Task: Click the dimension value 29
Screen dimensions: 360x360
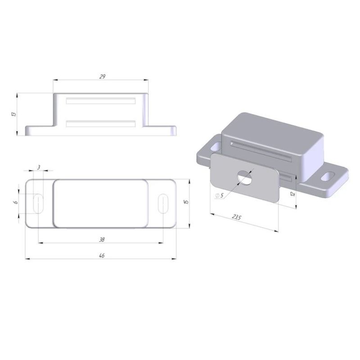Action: (102, 76)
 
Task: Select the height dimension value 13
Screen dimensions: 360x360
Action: (14, 114)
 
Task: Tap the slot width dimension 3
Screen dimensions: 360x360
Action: (39, 167)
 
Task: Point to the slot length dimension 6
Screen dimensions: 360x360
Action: (16, 202)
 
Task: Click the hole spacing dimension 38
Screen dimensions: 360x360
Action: (102, 239)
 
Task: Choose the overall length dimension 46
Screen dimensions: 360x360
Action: (102, 255)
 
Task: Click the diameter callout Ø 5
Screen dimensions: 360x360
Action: (219, 195)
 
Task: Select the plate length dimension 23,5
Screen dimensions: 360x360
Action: (236, 217)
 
